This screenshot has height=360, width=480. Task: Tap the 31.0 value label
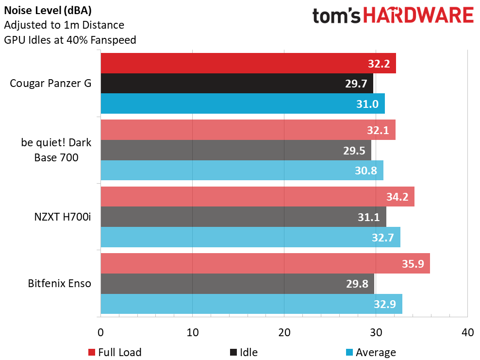pyautogui.click(x=368, y=104)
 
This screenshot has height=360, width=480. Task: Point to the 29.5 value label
pyautogui.click(x=354, y=150)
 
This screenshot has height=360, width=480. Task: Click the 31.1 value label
pyautogui.click(x=369, y=217)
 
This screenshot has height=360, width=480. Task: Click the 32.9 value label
pyautogui.click(x=385, y=305)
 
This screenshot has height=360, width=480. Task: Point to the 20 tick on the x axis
pyautogui.click(x=284, y=333)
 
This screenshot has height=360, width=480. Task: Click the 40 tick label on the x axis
pyautogui.click(x=467, y=333)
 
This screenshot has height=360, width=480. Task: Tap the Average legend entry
pyautogui.click(x=371, y=352)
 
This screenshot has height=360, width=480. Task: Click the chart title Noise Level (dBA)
pyautogui.click(x=48, y=10)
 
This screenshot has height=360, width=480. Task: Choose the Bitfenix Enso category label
pyautogui.click(x=60, y=283)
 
